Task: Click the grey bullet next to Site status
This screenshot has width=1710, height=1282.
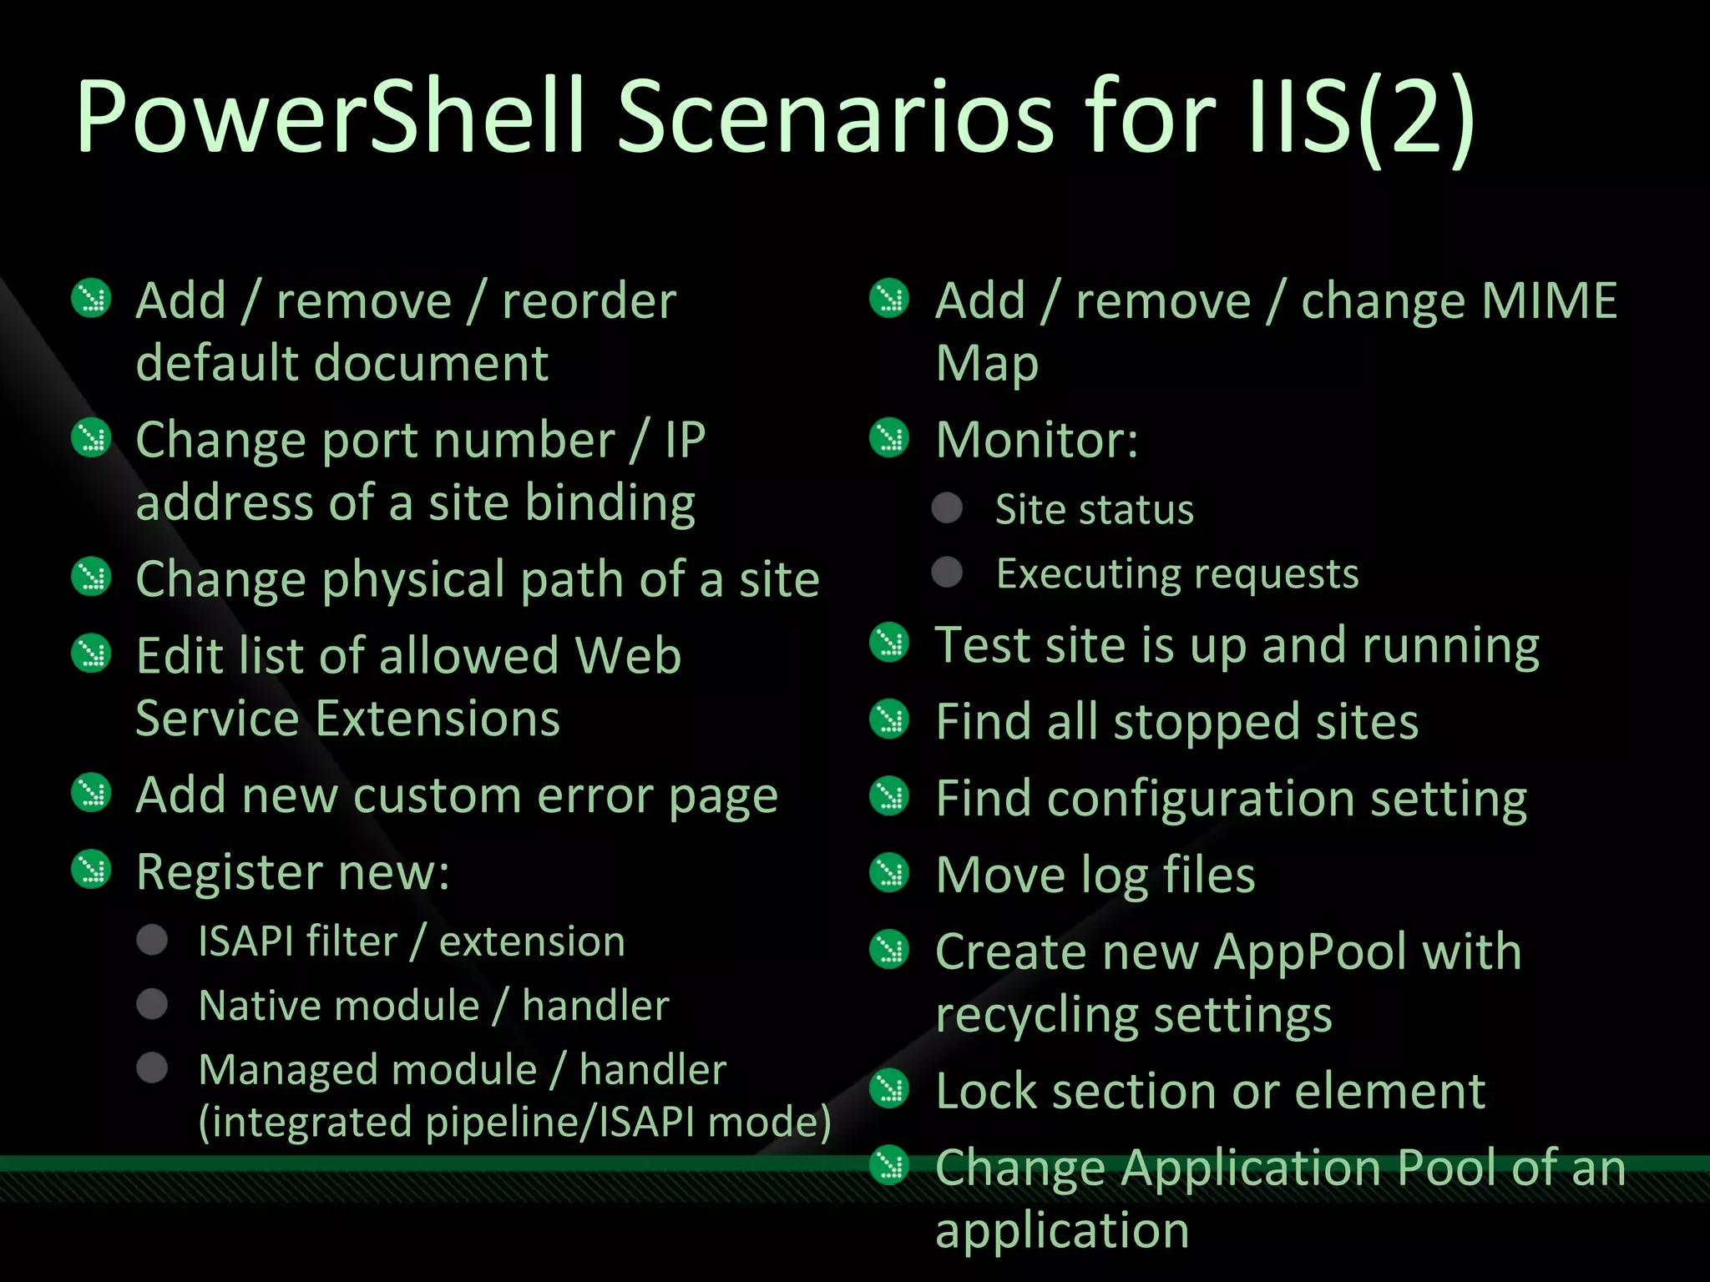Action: click(x=947, y=508)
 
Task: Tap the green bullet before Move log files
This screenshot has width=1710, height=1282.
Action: click(x=889, y=873)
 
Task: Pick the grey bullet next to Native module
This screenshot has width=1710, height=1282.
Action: click(x=152, y=1004)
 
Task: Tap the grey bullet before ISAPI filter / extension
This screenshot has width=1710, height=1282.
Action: click(x=152, y=940)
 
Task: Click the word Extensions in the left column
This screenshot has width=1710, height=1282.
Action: click(x=438, y=719)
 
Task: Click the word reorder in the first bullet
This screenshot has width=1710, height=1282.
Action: click(x=589, y=301)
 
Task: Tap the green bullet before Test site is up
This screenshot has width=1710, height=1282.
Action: click(x=889, y=643)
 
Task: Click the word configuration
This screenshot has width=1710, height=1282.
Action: click(x=1201, y=799)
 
